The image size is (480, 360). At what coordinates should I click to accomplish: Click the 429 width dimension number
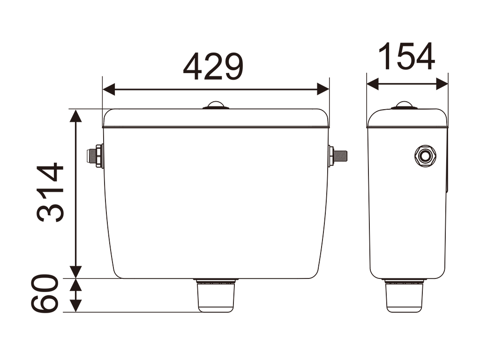(x=213, y=67)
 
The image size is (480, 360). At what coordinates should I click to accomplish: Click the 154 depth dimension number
(x=407, y=57)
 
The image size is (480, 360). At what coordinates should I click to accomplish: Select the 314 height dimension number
(x=50, y=192)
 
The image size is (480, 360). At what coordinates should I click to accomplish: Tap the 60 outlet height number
(x=45, y=293)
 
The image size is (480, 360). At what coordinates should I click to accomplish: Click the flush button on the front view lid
(x=216, y=105)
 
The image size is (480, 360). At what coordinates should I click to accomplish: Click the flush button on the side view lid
(x=404, y=105)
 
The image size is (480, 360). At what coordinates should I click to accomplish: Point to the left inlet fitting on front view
(x=95, y=156)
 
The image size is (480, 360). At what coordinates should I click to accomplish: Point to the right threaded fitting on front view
(x=337, y=156)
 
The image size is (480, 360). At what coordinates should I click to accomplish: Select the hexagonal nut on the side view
(x=425, y=156)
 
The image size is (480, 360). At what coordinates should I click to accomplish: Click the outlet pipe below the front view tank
(x=216, y=295)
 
